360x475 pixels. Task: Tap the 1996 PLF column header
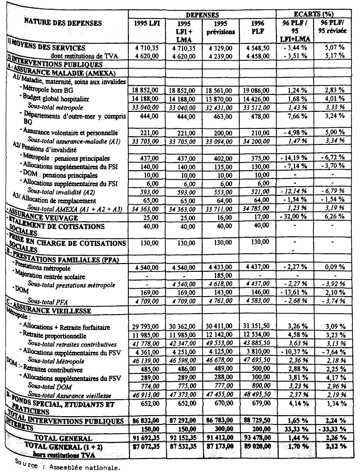(x=258, y=27)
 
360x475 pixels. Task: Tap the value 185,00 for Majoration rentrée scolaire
(x=222, y=276)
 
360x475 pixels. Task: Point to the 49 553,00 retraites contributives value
(x=222, y=344)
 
